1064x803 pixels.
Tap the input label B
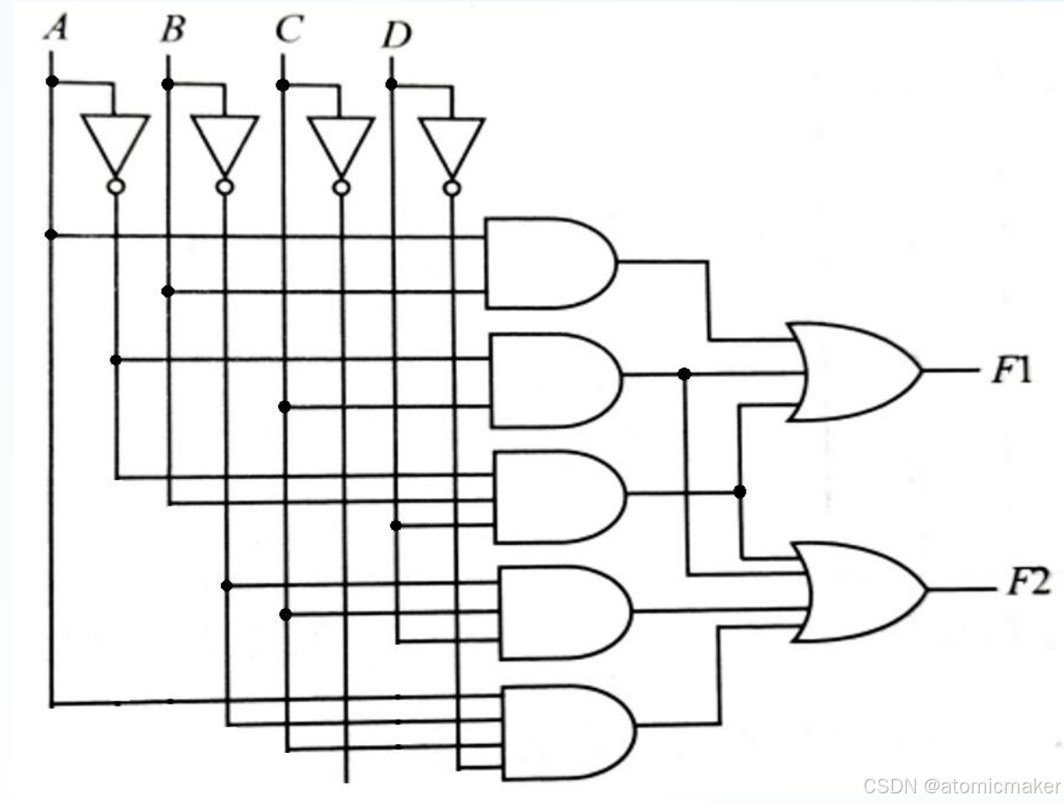pyautogui.click(x=173, y=31)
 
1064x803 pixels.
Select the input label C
pyautogui.click(x=289, y=31)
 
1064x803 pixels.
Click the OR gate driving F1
pyautogui.click(x=851, y=371)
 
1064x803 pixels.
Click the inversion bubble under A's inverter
pyautogui.click(x=115, y=187)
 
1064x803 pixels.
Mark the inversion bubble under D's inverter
pyautogui.click(x=452, y=188)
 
